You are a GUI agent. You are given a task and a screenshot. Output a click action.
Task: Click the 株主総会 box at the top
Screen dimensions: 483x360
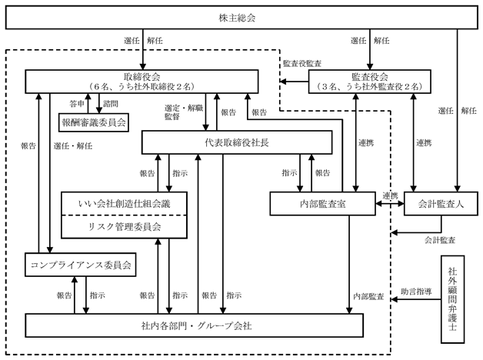coord(241,18)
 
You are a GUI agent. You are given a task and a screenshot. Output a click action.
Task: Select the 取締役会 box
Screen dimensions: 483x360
coord(142,82)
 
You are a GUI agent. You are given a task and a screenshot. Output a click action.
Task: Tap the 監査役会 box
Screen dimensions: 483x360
coord(370,82)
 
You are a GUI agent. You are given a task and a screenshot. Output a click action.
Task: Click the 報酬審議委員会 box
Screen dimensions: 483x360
coord(94,122)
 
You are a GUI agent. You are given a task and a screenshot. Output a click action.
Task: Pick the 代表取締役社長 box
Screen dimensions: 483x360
coord(237,142)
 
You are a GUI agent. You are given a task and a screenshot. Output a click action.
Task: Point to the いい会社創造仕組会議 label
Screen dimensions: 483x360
coord(124,204)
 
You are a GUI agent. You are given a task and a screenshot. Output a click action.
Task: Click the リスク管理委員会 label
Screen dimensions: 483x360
coord(125,227)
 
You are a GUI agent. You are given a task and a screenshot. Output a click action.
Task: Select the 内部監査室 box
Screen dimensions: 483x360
coord(322,204)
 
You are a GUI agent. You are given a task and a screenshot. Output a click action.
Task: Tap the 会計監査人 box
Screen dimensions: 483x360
coord(441,204)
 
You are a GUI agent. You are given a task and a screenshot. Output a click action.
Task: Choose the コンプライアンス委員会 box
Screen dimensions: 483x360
coord(81,265)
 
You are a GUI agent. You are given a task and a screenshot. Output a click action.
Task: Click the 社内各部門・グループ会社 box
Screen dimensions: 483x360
coord(194,325)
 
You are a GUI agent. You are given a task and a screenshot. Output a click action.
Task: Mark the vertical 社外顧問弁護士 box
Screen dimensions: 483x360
coord(452,299)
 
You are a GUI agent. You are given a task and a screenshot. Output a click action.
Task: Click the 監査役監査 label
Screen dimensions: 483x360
coord(302,63)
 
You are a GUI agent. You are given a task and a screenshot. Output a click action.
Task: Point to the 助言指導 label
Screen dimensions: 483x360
coord(416,292)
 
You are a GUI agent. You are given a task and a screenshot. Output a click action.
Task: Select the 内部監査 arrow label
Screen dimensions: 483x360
coord(368,296)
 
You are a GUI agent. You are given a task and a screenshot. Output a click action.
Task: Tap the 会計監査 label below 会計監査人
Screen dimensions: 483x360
coord(440,240)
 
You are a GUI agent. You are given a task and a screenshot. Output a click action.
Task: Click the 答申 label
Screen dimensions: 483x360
coord(77,104)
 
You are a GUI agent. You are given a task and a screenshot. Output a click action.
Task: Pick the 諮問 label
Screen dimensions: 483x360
coord(111,104)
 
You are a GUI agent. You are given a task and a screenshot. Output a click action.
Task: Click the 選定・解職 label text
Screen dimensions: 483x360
coord(184,108)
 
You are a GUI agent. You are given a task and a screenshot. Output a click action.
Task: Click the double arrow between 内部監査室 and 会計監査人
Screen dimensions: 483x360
coord(390,204)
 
